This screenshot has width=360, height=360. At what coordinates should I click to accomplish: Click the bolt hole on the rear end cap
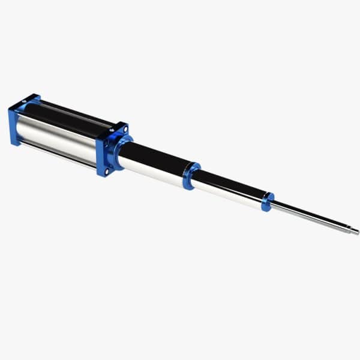tap(25, 101)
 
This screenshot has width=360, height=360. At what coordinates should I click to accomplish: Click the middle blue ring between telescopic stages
tap(191, 175)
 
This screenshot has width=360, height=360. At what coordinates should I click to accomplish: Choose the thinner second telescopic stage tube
tap(231, 189)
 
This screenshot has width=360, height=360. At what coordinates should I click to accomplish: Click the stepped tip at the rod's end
tap(354, 232)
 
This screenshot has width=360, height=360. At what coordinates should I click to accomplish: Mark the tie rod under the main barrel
tap(60, 157)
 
